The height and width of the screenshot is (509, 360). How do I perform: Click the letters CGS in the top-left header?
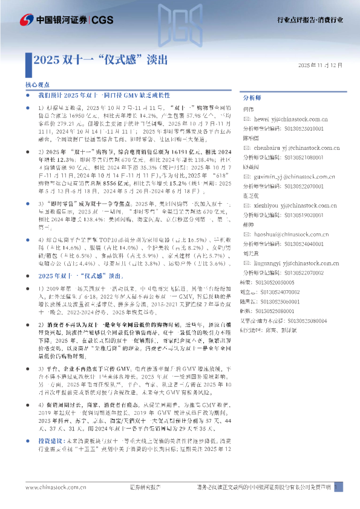(103, 20)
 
